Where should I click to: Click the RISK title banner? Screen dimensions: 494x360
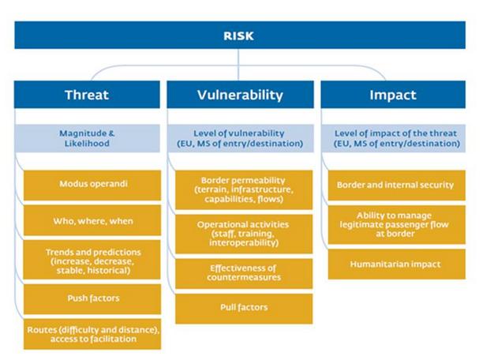(x=240, y=35)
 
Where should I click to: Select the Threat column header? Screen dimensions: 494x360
(x=87, y=95)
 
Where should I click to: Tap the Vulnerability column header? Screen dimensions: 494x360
(x=240, y=95)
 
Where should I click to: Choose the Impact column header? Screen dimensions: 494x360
(x=393, y=95)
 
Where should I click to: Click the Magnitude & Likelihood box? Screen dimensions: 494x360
(x=88, y=138)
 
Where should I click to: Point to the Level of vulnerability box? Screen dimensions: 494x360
(x=241, y=138)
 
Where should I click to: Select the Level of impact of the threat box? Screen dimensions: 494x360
(x=393, y=138)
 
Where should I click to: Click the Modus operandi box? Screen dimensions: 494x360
(x=92, y=186)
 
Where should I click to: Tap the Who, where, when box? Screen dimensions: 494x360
(x=92, y=220)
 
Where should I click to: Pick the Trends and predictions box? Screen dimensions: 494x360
(x=92, y=260)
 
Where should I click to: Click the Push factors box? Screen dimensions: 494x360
(x=92, y=299)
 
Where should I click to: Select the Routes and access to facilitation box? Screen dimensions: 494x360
(x=92, y=334)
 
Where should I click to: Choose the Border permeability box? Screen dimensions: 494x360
(x=244, y=189)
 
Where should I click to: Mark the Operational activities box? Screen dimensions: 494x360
(x=244, y=234)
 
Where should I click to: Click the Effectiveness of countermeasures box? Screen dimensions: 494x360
(x=244, y=274)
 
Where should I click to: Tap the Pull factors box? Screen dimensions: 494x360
(x=244, y=309)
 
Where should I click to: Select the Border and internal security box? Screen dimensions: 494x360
(x=397, y=186)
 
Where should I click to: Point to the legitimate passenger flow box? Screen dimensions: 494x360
(x=397, y=225)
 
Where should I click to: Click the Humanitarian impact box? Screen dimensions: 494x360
(x=397, y=264)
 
